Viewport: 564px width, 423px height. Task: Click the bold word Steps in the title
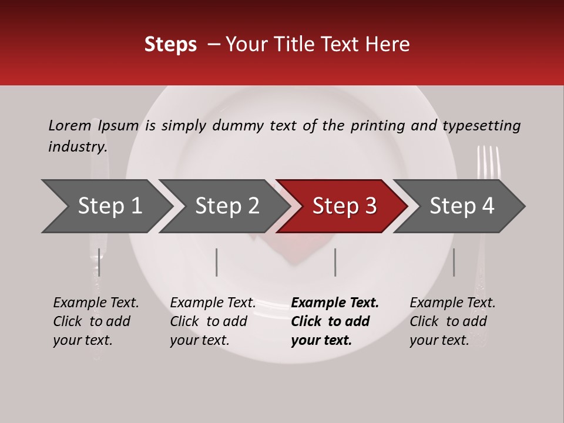170,45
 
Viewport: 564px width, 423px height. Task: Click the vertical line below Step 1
99,262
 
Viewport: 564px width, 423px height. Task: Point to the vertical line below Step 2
217,262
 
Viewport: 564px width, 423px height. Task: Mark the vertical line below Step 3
335,262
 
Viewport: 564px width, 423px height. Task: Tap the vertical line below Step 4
454,262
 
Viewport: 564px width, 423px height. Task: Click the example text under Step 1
96,321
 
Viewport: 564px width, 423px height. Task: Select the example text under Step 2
213,321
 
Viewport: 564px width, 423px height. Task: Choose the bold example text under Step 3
335,321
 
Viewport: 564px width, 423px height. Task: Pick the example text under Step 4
452,321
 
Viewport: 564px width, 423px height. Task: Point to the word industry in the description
77,147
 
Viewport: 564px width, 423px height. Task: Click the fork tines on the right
488,161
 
